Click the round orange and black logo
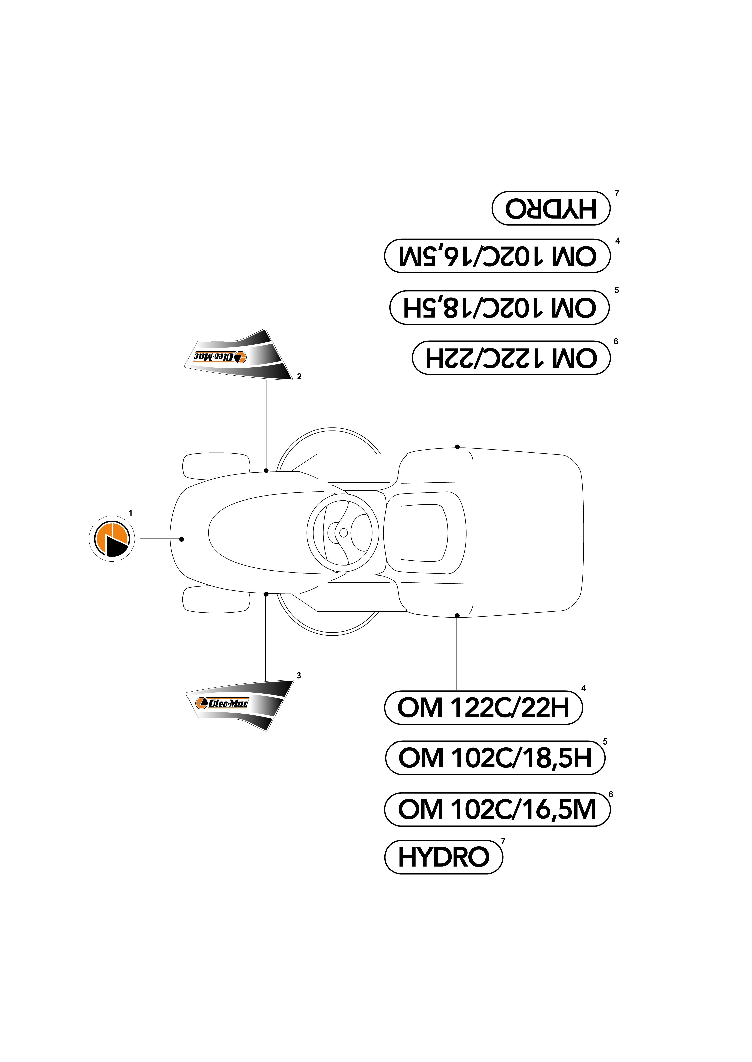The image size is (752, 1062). click(112, 539)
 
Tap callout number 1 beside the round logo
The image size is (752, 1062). click(131, 513)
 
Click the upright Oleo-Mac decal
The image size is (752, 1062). click(239, 705)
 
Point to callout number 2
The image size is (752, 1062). click(299, 377)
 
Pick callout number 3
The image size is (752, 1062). click(299, 675)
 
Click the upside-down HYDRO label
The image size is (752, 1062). click(551, 208)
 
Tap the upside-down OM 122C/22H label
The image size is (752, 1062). click(511, 358)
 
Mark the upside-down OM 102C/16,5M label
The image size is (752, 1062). click(497, 256)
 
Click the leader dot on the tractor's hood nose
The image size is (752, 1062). click(181, 539)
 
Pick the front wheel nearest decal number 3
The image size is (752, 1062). click(216, 599)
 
